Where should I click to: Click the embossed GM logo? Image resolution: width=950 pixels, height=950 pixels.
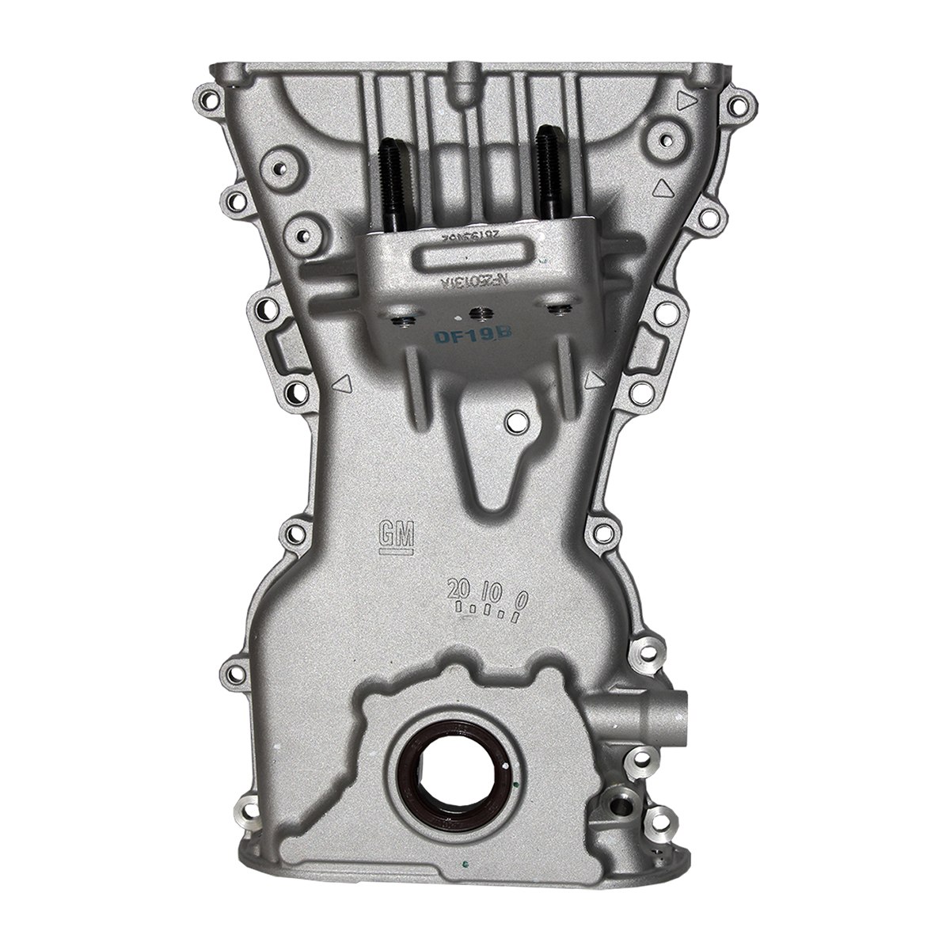(397, 534)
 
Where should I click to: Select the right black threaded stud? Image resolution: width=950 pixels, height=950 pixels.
(548, 176)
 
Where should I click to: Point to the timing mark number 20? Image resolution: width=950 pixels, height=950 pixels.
(458, 590)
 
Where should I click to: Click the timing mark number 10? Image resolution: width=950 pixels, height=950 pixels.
(492, 592)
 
